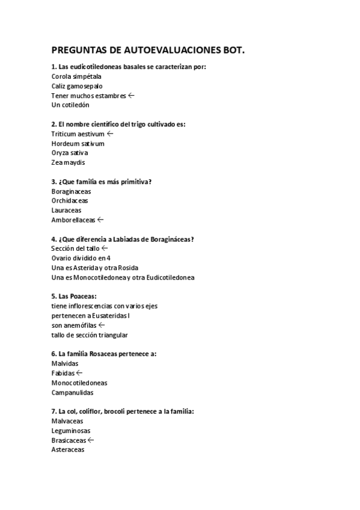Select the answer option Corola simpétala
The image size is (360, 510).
[x=76, y=76]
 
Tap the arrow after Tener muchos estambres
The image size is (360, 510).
[x=131, y=95]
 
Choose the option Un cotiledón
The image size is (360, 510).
[x=70, y=105]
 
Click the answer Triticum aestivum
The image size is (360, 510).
[x=78, y=134]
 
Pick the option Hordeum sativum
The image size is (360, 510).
[x=78, y=143]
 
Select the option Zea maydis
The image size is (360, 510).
[x=69, y=162]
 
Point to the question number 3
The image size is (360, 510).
[x=53, y=182]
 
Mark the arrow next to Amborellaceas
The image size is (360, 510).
[x=100, y=220]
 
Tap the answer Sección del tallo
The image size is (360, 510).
[x=75, y=248]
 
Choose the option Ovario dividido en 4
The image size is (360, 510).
[x=81, y=258]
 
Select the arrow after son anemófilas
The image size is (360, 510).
[x=101, y=325]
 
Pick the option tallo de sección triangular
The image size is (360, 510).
[x=90, y=334]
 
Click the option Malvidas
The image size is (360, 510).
[x=65, y=363]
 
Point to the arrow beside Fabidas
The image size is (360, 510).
[x=79, y=373]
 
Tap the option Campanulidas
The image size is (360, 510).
[x=72, y=392]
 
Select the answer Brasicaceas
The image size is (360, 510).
[x=69, y=440]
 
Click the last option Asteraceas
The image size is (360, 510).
[x=68, y=449]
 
